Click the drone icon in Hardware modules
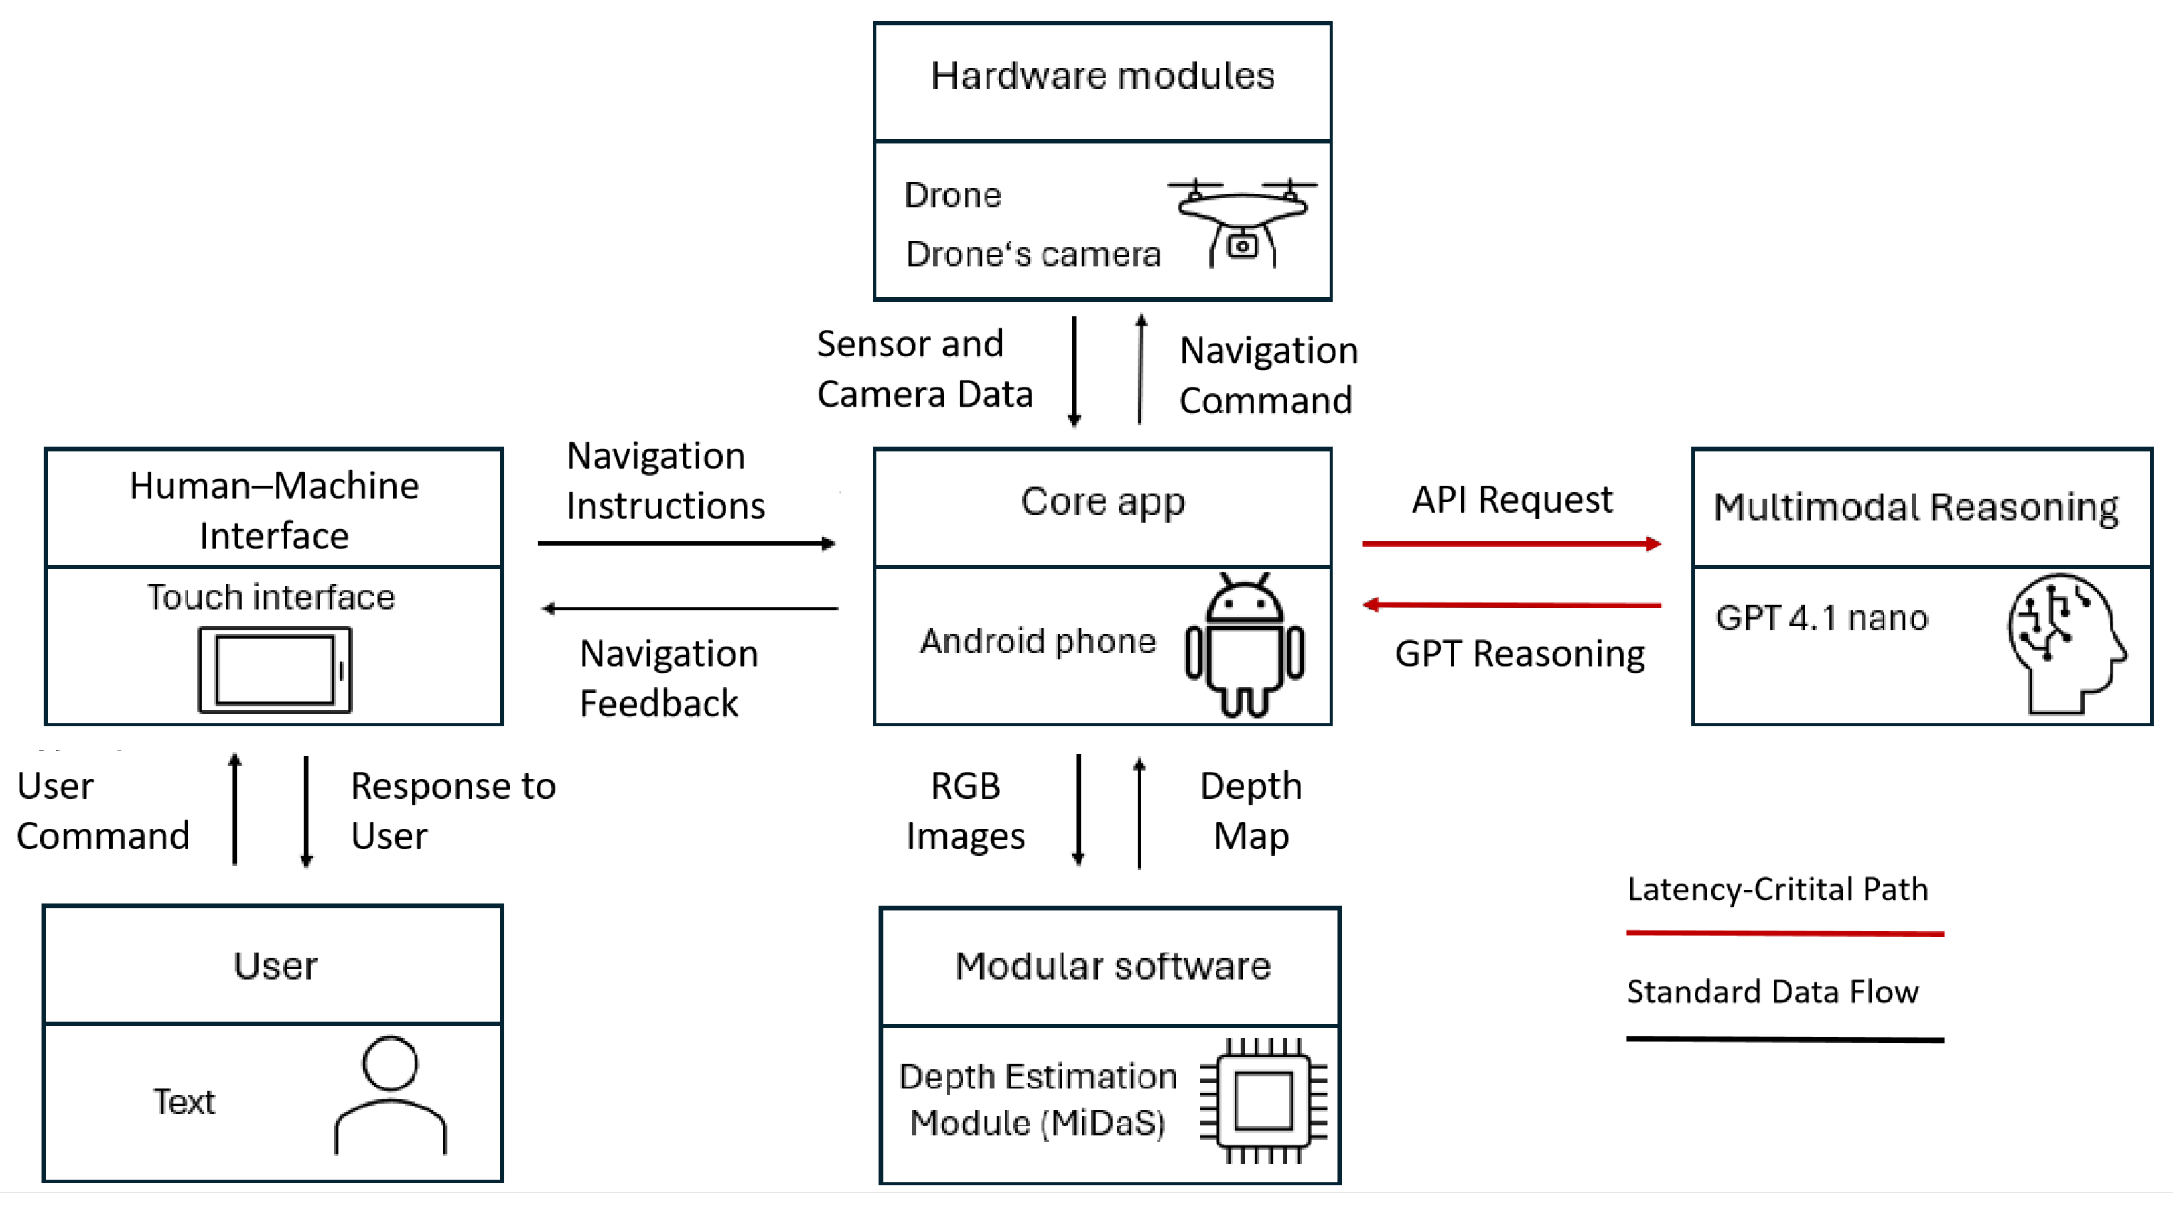[x=1242, y=221]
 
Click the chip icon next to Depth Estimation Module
[x=1263, y=1101]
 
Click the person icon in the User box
[x=391, y=1095]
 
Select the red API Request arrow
[x=1511, y=544]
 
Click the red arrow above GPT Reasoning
[x=1511, y=605]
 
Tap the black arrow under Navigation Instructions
[x=687, y=543]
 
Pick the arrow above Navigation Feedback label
[x=689, y=608]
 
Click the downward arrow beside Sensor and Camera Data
[x=1074, y=371]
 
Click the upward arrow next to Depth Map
[x=1139, y=812]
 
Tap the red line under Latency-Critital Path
[x=1785, y=933]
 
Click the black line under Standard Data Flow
[x=1785, y=1039]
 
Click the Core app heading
[x=1103, y=501]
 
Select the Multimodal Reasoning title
[x=1916, y=507]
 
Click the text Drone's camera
[x=1032, y=254]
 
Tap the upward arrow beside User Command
[x=235, y=809]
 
